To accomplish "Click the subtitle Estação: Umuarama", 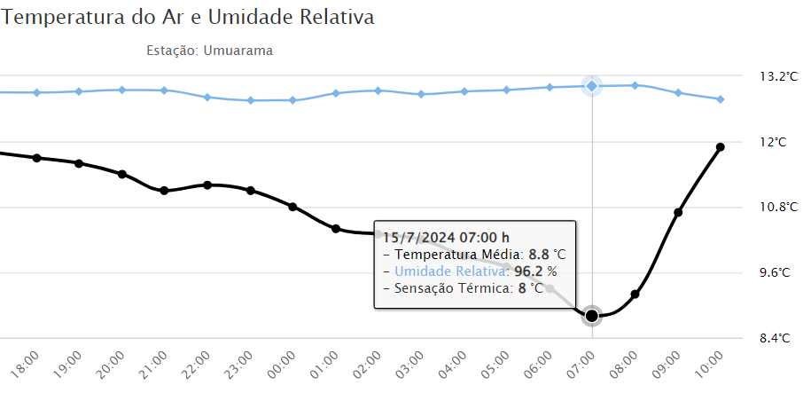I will coord(209,51).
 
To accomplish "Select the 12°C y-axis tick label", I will coord(773,142).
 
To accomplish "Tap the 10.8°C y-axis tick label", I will coord(773,207).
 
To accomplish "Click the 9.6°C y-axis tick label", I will coord(773,272).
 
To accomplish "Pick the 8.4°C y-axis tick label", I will coord(773,338).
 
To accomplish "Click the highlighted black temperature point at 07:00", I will coord(592,315).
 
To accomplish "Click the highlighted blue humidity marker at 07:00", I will coord(592,86).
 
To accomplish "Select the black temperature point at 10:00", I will coord(721,147).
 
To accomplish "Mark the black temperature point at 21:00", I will coord(164,191).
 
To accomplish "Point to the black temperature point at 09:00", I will coord(678,213).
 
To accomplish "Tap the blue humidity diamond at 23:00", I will coord(251,100).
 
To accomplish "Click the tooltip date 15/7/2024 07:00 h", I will coord(446,237).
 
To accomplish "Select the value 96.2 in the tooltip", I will coord(529,271).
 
